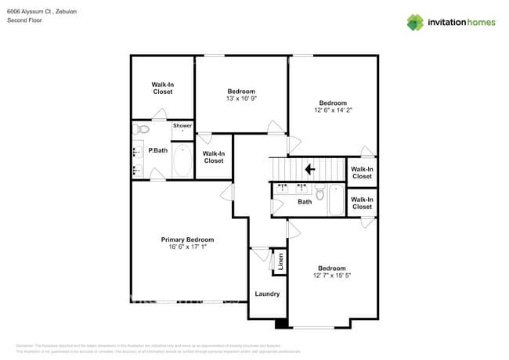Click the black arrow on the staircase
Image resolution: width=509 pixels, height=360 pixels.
tap(310, 168)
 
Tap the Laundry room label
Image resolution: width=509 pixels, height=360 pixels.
tap(267, 294)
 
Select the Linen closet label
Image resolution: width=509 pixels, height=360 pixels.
tap(280, 261)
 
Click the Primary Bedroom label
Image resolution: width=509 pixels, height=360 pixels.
tap(187, 239)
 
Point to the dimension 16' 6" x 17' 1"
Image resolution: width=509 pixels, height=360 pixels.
tap(187, 247)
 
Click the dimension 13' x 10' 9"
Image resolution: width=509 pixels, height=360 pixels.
tap(241, 99)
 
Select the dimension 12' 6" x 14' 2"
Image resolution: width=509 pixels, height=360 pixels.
tap(333, 110)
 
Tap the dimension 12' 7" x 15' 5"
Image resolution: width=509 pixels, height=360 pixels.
tap(332, 275)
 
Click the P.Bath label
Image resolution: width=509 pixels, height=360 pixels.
tap(158, 150)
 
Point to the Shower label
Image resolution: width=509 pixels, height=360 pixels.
tap(182, 125)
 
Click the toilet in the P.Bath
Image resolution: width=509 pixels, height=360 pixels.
tap(141, 129)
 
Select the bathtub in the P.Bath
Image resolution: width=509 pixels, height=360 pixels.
tap(182, 160)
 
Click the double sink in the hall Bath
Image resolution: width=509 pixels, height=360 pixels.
tap(291, 189)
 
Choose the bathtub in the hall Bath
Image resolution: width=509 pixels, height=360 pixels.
tap(336, 200)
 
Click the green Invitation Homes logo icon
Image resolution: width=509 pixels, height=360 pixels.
tap(414, 22)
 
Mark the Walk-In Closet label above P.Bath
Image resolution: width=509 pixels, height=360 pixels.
tap(162, 88)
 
